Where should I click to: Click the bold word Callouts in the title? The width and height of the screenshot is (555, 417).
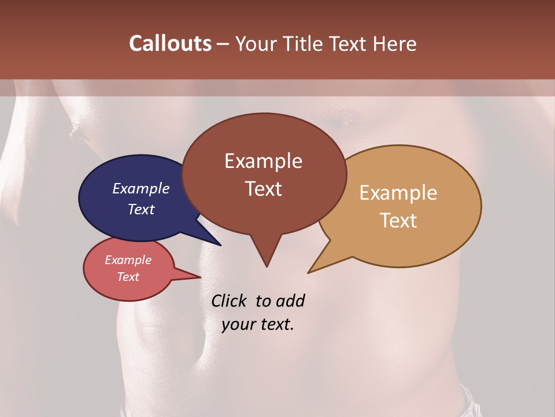point(170,43)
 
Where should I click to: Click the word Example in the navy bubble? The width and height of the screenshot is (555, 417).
point(140,188)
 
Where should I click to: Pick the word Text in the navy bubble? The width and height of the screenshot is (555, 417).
point(140,209)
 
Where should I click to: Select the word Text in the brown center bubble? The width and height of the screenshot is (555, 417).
point(263,188)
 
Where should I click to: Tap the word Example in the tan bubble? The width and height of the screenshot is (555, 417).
point(398,192)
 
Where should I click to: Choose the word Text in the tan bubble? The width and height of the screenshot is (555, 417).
point(398,220)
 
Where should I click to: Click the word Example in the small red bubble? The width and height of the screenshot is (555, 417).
point(128,260)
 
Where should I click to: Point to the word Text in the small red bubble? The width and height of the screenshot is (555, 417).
point(128,277)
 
